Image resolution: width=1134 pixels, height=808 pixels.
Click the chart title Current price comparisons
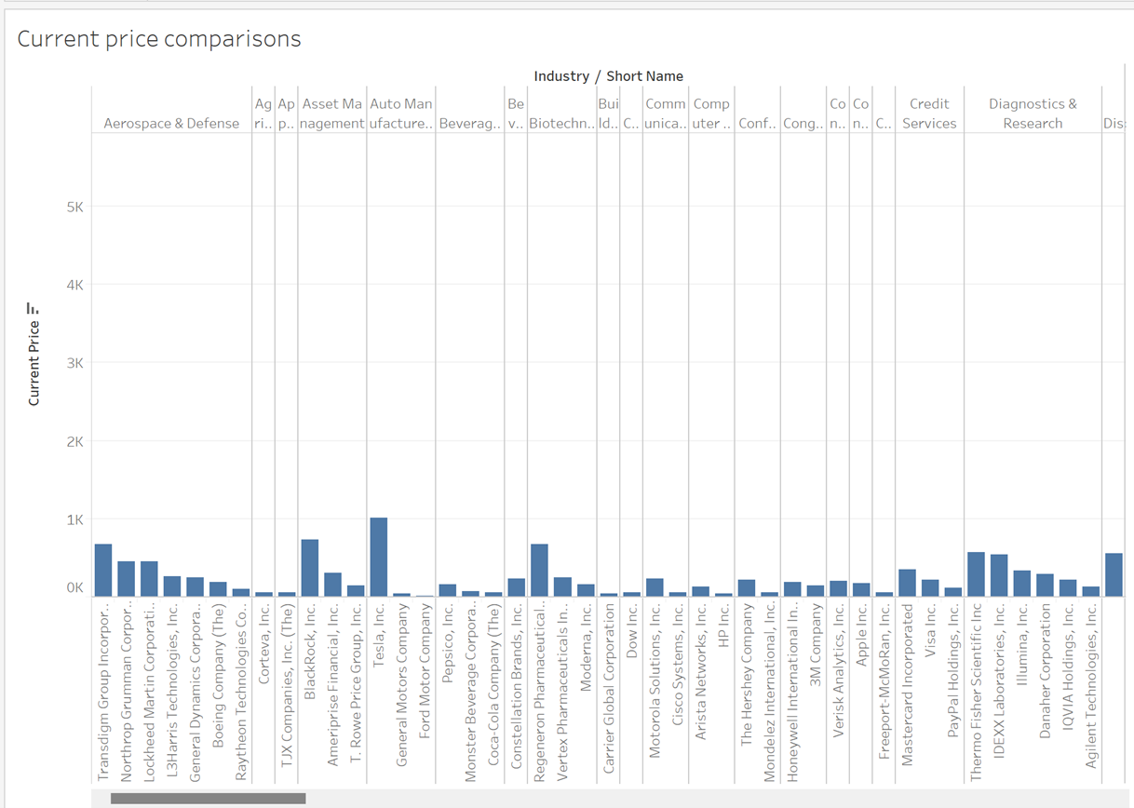[159, 39]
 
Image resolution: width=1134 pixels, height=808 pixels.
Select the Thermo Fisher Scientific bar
[976, 574]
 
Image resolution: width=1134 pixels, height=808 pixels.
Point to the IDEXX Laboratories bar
[999, 575]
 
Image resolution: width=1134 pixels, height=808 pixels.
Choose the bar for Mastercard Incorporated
[907, 583]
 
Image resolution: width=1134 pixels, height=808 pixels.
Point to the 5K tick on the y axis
[74, 208]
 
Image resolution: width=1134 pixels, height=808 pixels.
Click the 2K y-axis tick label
[74, 442]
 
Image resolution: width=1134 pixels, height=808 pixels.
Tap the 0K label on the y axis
[74, 588]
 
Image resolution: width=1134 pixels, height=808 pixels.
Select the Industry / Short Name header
[608, 76]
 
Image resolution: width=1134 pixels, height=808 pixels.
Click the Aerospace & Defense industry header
[171, 123]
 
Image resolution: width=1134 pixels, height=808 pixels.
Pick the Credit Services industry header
[929, 114]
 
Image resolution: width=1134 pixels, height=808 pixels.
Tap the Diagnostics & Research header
[1033, 114]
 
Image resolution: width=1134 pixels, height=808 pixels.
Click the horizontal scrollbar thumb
[208, 798]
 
